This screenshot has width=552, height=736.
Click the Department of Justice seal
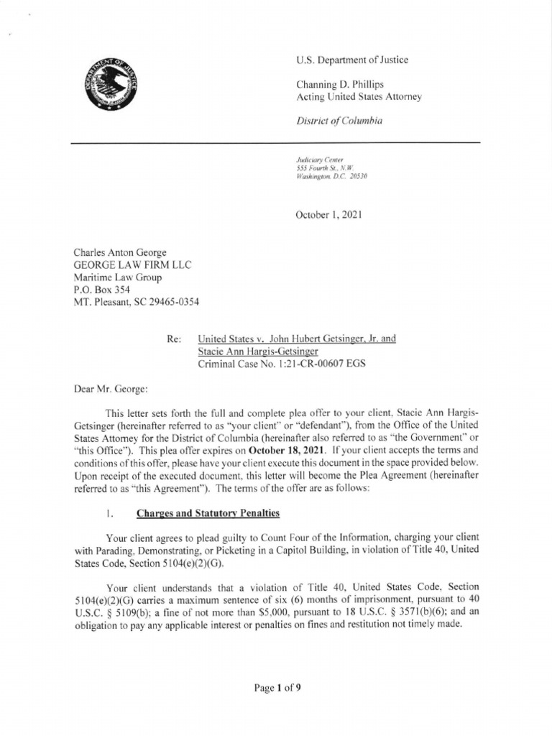click(110, 86)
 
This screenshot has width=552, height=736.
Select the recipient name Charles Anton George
click(121, 252)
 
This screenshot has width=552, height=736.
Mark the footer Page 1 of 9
click(277, 688)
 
